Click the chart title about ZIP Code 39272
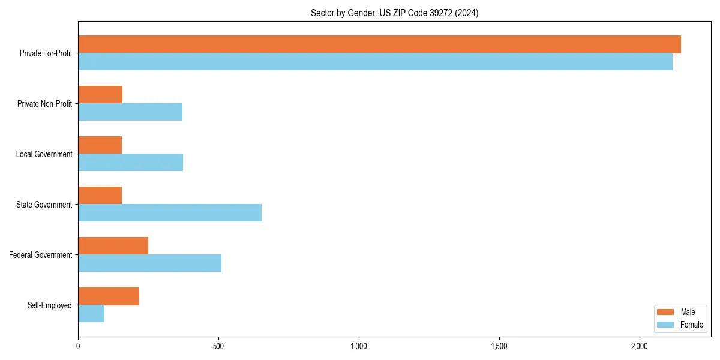click(x=394, y=13)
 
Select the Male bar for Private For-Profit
click(x=379, y=44)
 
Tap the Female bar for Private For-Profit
click(x=375, y=62)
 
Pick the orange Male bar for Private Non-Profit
click(x=100, y=95)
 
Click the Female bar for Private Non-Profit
click(x=130, y=112)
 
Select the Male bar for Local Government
click(x=100, y=145)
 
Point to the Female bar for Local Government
click(x=130, y=163)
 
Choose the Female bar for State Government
click(x=170, y=213)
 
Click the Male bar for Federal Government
click(x=113, y=246)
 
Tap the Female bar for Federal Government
click(x=149, y=263)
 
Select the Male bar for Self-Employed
click(x=109, y=296)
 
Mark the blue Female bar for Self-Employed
click(x=91, y=314)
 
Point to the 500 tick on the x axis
click(x=218, y=346)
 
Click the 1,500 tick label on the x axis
click(x=499, y=346)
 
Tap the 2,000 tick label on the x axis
click(x=640, y=346)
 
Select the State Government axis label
click(x=44, y=205)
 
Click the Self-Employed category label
click(x=49, y=305)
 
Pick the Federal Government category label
click(x=41, y=255)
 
